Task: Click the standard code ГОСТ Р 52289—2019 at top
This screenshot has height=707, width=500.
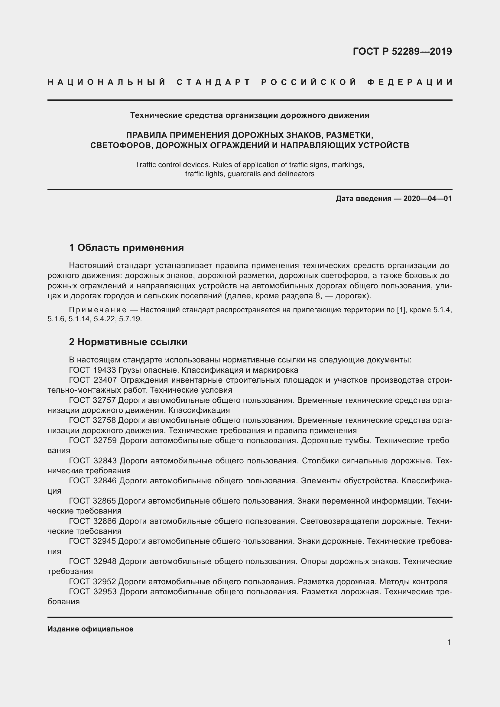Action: pyautogui.click(x=402, y=51)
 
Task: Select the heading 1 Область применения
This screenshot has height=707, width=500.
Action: pyautogui.click(x=126, y=248)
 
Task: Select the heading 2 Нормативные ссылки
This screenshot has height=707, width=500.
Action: pyautogui.click(x=128, y=342)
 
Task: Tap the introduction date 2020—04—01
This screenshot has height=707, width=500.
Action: pyautogui.click(x=427, y=199)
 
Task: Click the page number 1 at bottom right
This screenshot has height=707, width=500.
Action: pyautogui.click(x=449, y=642)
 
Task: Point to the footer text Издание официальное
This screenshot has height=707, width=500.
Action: pyautogui.click(x=90, y=629)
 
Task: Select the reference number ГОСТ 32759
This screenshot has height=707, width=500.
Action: pyautogui.click(x=93, y=441)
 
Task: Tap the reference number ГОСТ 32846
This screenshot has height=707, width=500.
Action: pyautogui.click(x=93, y=481)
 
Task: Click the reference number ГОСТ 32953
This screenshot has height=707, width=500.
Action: pyautogui.click(x=93, y=592)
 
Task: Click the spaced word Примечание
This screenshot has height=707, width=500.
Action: pyautogui.click(x=98, y=310)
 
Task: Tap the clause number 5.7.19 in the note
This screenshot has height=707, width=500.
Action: pyautogui.click(x=130, y=319)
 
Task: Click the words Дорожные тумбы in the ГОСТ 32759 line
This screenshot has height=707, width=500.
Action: pyautogui.click(x=336, y=441)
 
